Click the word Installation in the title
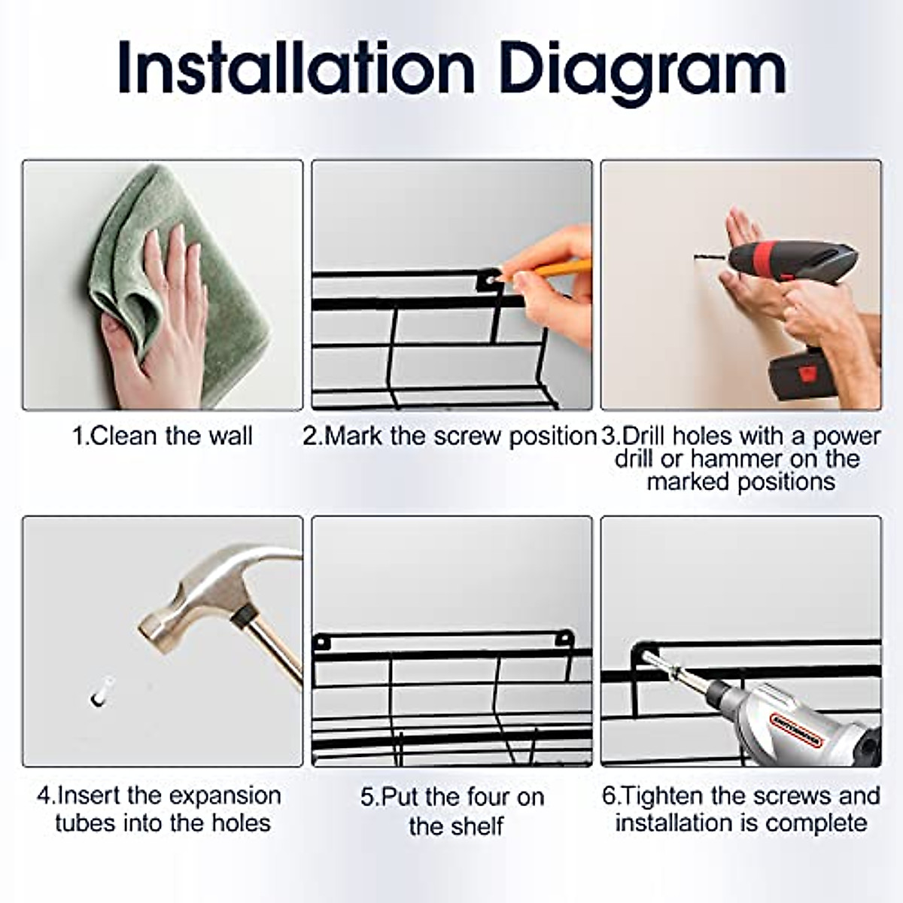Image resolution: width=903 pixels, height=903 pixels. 297,69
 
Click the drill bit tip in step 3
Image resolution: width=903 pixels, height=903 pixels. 695,257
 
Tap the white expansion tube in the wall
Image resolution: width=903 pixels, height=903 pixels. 100,692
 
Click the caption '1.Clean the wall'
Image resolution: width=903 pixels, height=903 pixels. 162,436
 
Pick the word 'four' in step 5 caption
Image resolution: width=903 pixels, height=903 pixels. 485,797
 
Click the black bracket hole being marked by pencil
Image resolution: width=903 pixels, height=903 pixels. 490,280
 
